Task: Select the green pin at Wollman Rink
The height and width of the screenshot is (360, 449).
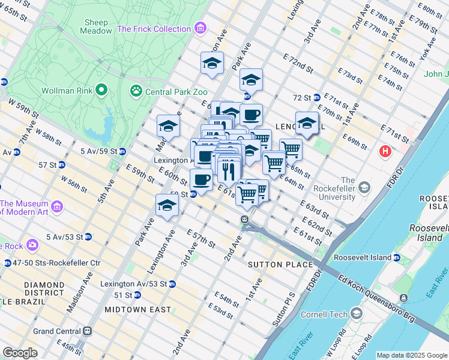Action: (x=101, y=91)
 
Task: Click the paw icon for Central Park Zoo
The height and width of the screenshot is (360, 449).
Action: (x=136, y=91)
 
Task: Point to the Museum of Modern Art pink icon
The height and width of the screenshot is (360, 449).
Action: (x=58, y=207)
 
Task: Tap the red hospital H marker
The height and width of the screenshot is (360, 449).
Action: (x=385, y=152)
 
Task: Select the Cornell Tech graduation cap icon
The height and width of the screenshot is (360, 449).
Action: (x=357, y=314)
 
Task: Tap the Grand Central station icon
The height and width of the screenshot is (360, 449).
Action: (x=88, y=331)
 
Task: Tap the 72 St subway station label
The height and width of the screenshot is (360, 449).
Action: (x=302, y=97)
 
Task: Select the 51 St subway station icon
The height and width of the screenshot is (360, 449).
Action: (x=137, y=295)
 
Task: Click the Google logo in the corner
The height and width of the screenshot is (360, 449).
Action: (x=20, y=353)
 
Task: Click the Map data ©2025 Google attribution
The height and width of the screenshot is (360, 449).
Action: (x=411, y=355)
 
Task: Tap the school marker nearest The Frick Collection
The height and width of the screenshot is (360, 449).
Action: (x=212, y=64)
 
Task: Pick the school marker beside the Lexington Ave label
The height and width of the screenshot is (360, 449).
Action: (x=167, y=206)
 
